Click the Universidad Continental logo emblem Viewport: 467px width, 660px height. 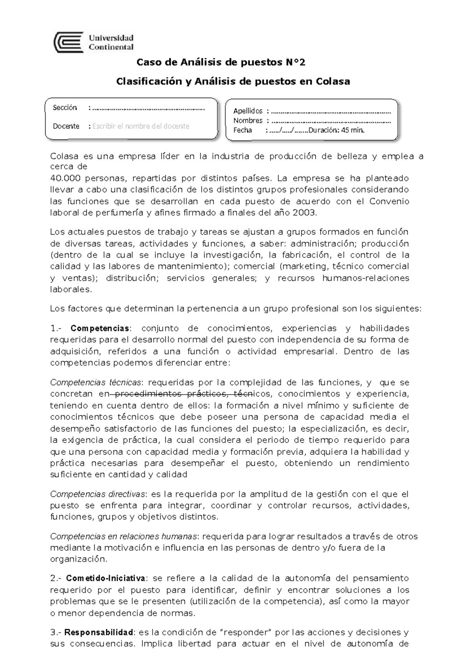pyautogui.click(x=69, y=42)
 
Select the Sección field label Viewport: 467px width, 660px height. pyautogui.click(x=65, y=108)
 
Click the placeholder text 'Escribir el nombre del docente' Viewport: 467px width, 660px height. pyautogui.click(x=140, y=126)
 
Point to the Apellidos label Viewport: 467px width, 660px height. pyautogui.click(x=248, y=111)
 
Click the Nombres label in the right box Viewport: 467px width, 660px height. pyautogui.click(x=248, y=121)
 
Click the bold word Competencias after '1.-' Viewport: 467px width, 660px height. pyautogui.click(x=100, y=328)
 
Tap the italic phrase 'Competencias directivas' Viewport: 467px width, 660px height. pyautogui.click(x=97, y=494)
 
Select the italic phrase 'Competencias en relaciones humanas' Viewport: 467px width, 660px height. pyautogui.click(x=123, y=537)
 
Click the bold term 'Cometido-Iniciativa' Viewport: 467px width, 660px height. pyautogui.click(x=106, y=578)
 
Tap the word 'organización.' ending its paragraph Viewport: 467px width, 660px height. pyautogui.click(x=78, y=559)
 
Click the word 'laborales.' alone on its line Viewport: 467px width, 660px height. pyautogui.click(x=71, y=290)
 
